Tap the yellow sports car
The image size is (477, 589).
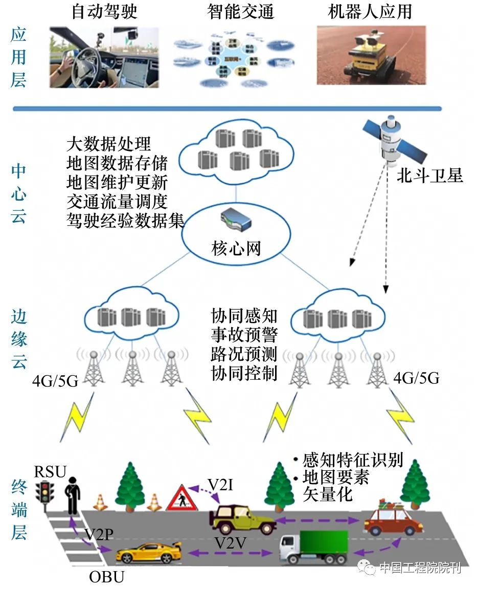pyautogui.click(x=149, y=552)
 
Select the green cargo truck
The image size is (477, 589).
pyautogui.click(x=313, y=547)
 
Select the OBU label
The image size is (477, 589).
pyautogui.click(x=107, y=577)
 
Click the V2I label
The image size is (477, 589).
pyautogui.click(x=220, y=484)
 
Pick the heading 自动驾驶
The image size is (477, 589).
pyautogui.click(x=104, y=11)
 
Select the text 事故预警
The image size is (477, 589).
pyautogui.click(x=244, y=335)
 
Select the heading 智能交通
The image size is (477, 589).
pyautogui.click(x=240, y=11)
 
